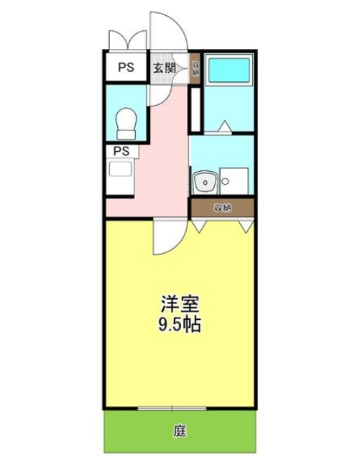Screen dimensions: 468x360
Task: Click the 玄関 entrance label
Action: click(164, 68)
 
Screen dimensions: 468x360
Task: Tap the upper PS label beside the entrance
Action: click(126, 68)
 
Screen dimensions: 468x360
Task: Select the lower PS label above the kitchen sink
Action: click(121, 151)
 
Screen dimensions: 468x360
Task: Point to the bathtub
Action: click(228, 71)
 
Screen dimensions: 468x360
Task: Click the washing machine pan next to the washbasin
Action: click(234, 180)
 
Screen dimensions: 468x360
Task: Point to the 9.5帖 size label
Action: click(178, 324)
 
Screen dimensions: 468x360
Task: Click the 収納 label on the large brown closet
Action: click(223, 208)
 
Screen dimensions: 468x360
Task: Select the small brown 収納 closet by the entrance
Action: click(195, 69)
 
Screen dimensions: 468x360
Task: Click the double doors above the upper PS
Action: click(126, 41)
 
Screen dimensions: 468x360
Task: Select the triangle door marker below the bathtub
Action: click(224, 127)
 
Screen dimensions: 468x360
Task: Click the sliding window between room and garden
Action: click(172, 408)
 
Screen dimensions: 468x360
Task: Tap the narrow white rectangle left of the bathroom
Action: click(194, 109)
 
